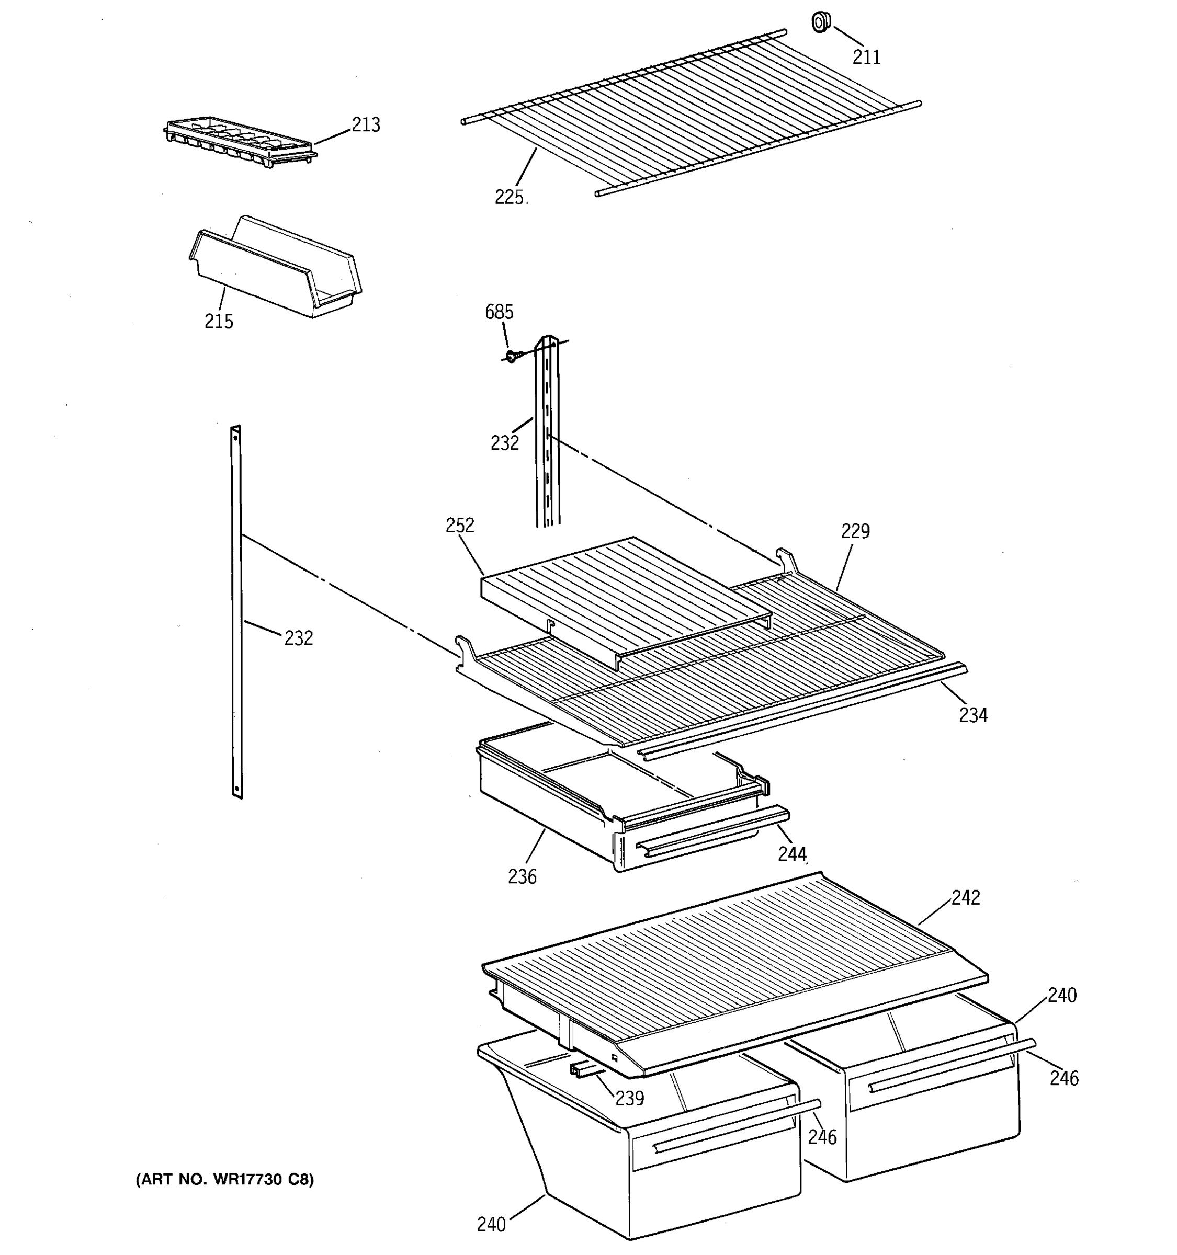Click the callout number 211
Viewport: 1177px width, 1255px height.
(866, 58)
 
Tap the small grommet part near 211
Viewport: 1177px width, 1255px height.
(820, 22)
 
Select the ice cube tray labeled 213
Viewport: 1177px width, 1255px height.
(239, 143)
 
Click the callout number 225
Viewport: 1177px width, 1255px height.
(510, 198)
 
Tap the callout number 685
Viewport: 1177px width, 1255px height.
(499, 312)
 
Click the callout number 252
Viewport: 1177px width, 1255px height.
(460, 525)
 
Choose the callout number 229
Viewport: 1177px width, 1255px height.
(855, 531)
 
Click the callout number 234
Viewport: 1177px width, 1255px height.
(973, 715)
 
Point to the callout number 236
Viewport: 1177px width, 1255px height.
(522, 876)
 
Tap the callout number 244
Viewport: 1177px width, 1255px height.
(792, 854)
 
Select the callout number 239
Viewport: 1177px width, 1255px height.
(629, 1099)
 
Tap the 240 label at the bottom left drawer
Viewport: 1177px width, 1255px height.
(491, 1225)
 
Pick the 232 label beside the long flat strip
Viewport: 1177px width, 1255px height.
(298, 638)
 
